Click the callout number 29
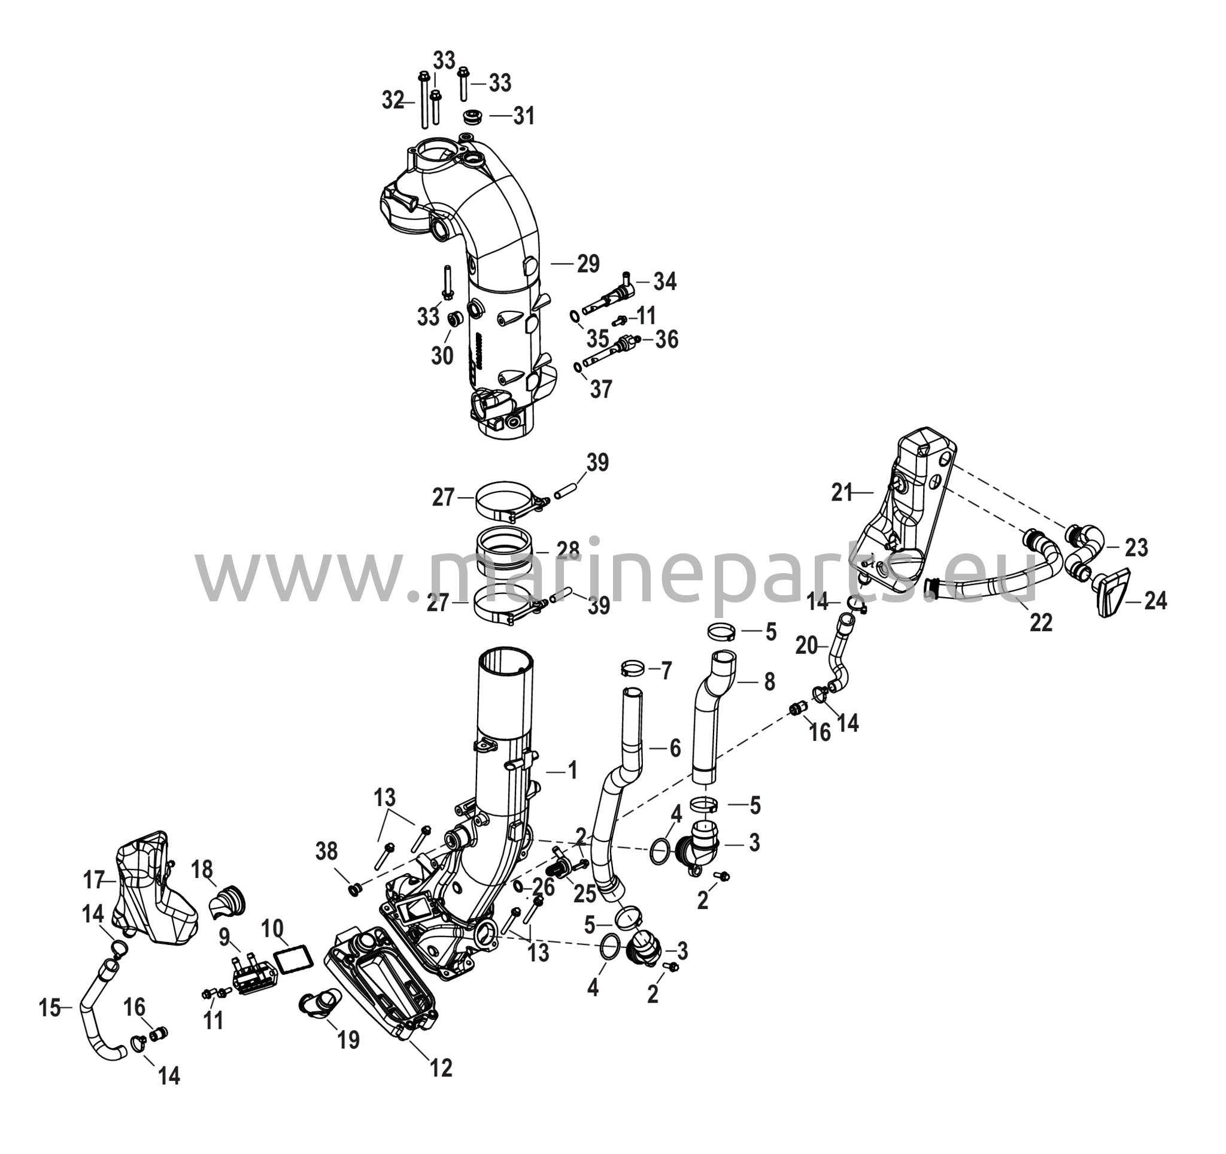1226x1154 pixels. [588, 264]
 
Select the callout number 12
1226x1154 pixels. [441, 1067]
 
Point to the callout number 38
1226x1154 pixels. [326, 851]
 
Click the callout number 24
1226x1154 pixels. [1155, 601]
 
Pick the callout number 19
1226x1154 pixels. [348, 1039]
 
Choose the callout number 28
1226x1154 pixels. [568, 550]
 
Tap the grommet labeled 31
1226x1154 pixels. [472, 117]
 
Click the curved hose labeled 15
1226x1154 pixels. [101, 1008]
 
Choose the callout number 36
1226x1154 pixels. [666, 339]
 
